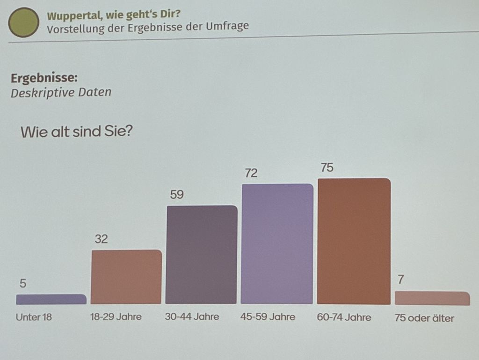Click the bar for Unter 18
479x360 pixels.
[x=51, y=299]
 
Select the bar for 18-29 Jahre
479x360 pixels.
[x=126, y=277]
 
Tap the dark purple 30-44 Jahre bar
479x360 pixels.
[x=201, y=255]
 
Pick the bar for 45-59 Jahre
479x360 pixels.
[x=277, y=244]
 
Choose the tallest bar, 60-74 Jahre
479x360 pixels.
[x=354, y=241]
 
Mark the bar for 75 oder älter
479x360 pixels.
[x=432, y=298]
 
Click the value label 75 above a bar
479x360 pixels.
[x=327, y=168]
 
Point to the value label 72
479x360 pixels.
[x=251, y=173]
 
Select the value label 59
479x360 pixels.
[x=177, y=195]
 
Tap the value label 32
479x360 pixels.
[x=101, y=239]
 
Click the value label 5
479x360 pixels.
[x=23, y=283]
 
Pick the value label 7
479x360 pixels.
[x=401, y=279]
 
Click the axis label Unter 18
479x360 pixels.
[x=34, y=317]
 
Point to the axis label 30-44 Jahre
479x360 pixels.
[x=192, y=316]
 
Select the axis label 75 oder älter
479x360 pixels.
[x=424, y=318]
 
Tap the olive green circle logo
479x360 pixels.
[x=23, y=22]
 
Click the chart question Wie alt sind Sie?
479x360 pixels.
[x=76, y=132]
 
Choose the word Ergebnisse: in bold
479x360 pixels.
[x=44, y=78]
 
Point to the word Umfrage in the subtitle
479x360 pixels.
[x=227, y=26]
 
